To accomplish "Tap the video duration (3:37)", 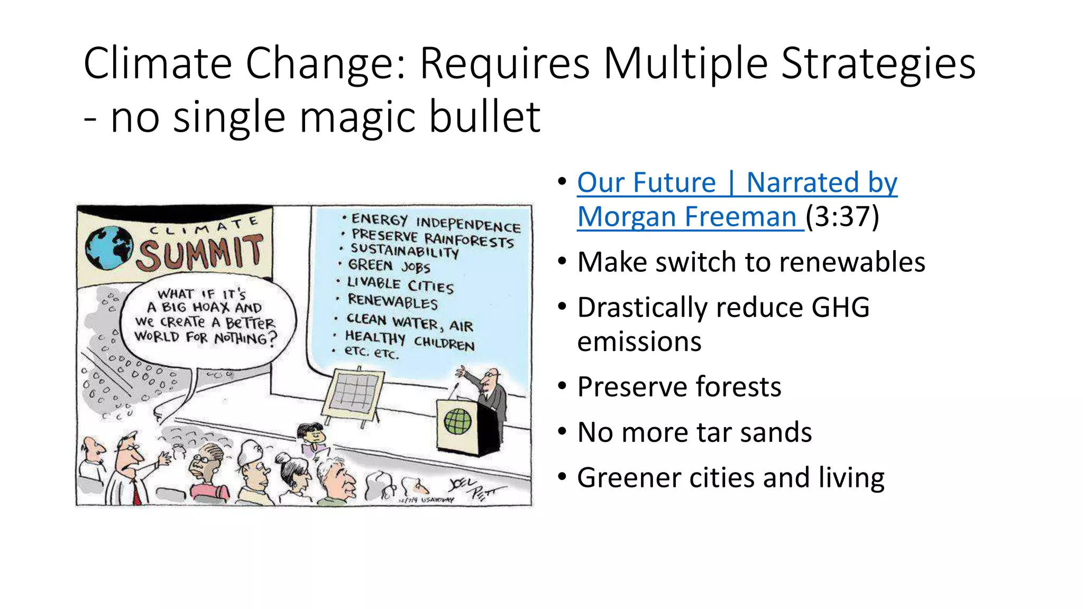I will (842, 217).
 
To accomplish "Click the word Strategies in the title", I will (878, 63).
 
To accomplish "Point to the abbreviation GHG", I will (840, 307).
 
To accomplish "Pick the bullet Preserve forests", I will (679, 386).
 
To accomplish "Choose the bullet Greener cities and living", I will (730, 477).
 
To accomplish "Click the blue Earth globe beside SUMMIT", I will (108, 248).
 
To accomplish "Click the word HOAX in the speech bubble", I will (211, 307).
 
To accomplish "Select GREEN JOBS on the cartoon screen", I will (389, 266).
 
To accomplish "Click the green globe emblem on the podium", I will (457, 421).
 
